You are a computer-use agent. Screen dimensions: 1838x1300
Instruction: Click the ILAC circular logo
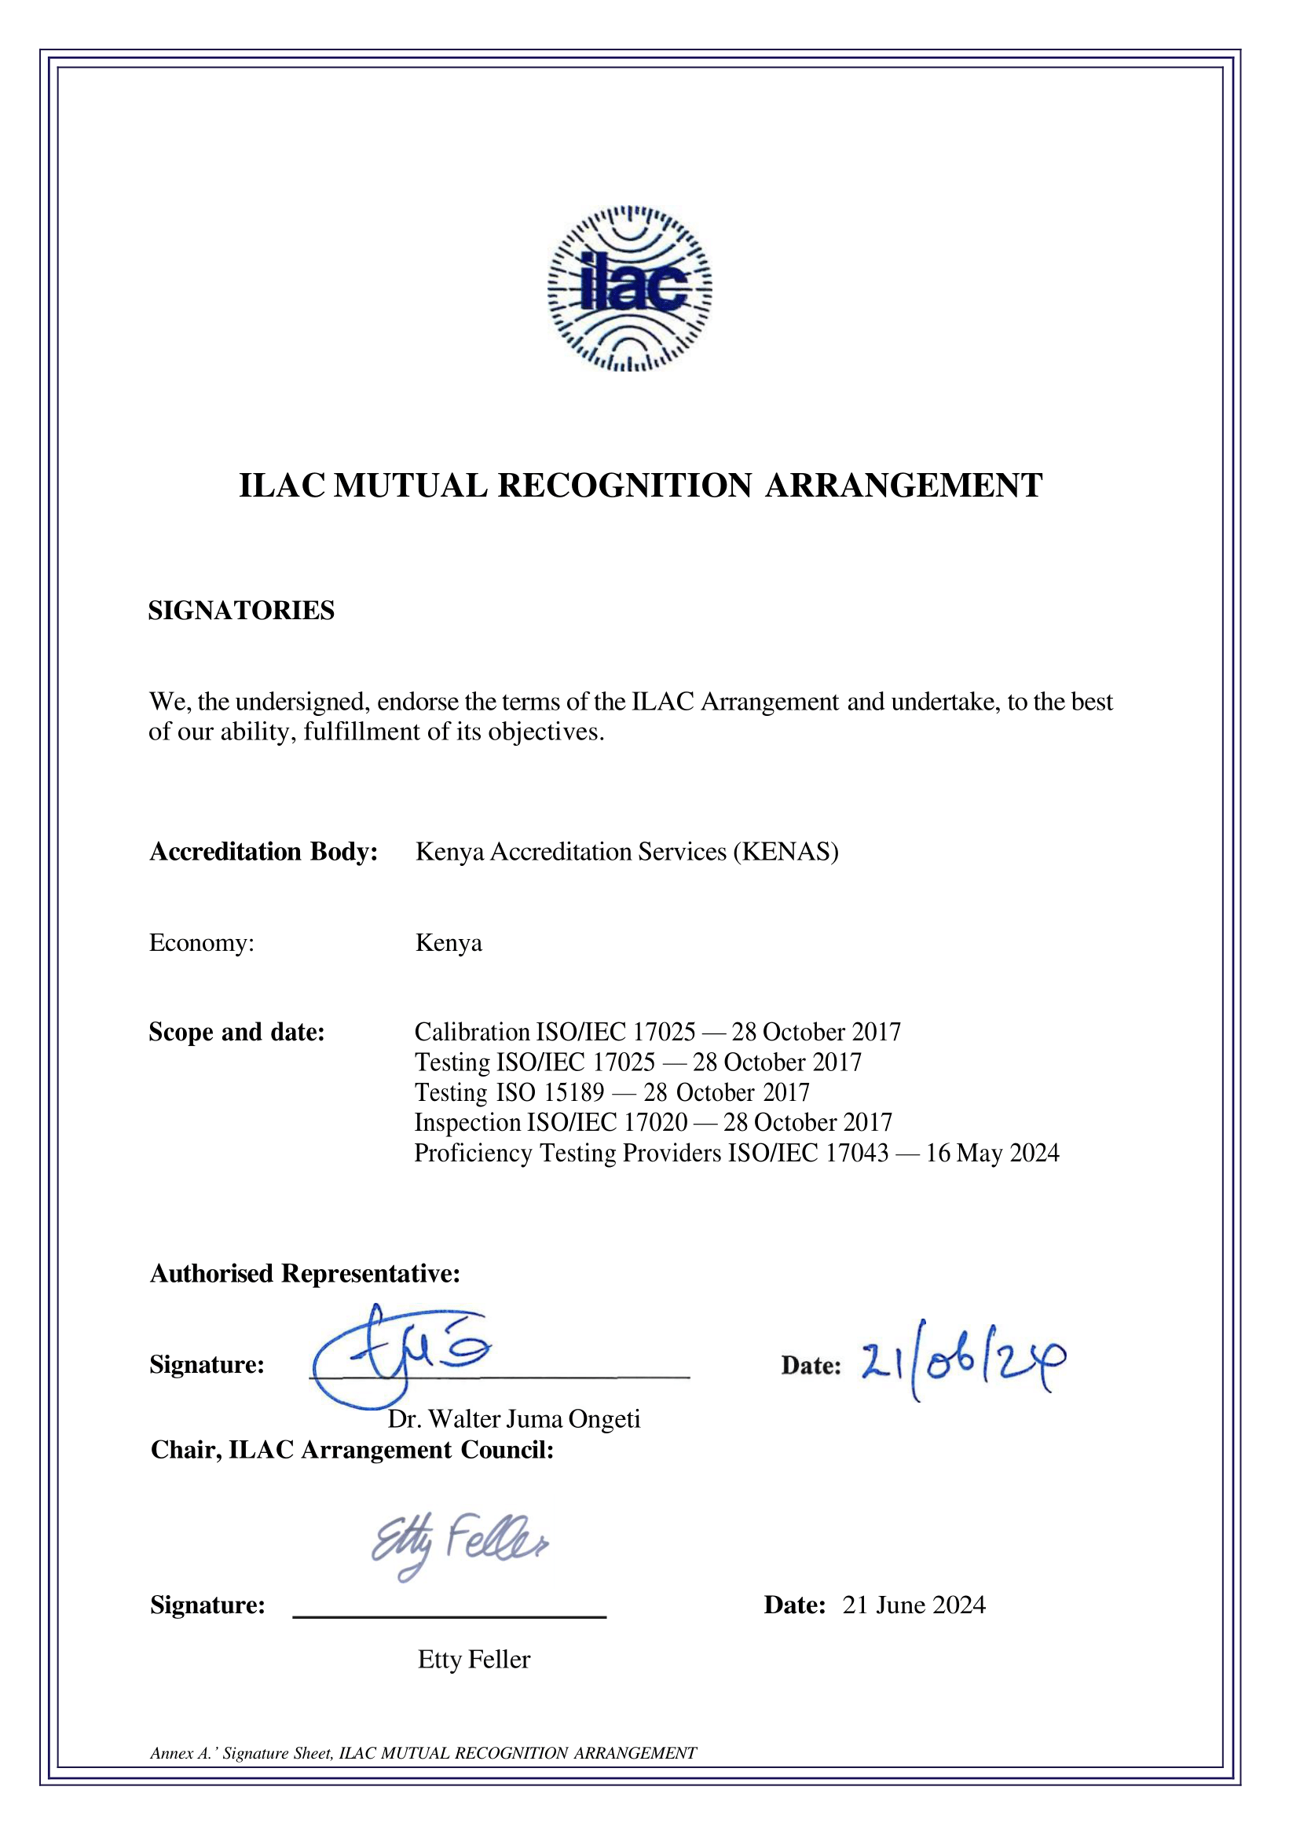tap(629, 288)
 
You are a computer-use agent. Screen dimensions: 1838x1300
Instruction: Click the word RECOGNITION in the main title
tap(624, 486)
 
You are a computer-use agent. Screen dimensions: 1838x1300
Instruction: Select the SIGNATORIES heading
tap(241, 611)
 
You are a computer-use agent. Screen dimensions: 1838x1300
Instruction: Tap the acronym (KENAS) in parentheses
tap(785, 851)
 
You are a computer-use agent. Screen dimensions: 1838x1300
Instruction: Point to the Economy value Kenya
tap(449, 943)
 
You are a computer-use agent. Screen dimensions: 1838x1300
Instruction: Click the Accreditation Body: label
tap(263, 851)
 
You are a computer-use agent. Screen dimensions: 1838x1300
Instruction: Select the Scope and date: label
tap(237, 1033)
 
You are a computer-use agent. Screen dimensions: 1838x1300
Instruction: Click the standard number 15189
tap(573, 1092)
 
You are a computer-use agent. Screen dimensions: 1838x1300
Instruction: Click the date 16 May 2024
tap(993, 1154)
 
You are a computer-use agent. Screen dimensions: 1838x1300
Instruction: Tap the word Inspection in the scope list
tap(467, 1123)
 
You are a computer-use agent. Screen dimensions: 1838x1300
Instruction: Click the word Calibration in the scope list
tap(472, 1033)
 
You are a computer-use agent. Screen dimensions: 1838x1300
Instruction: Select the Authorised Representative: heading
tap(305, 1273)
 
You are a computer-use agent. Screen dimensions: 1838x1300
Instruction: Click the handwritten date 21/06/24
tap(963, 1362)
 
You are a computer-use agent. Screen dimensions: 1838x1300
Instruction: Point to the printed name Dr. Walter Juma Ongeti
tap(514, 1419)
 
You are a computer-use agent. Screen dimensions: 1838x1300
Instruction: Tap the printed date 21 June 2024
tap(914, 1605)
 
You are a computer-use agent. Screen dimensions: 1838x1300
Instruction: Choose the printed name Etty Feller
tap(474, 1660)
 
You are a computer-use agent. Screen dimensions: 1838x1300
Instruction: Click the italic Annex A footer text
tap(423, 1753)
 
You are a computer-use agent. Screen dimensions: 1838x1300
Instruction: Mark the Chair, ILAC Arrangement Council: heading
tap(352, 1450)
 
